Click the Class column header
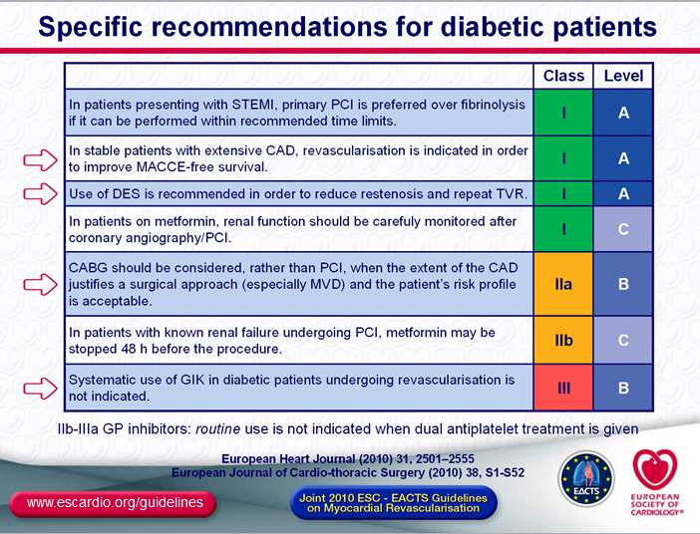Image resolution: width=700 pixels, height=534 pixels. (563, 76)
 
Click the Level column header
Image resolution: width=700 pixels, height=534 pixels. (623, 76)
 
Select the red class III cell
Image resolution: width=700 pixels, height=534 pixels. (563, 388)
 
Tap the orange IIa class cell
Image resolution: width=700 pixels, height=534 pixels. (563, 284)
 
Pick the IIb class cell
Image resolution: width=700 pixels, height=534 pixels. (563, 341)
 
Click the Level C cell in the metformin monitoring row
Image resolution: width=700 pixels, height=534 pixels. (623, 229)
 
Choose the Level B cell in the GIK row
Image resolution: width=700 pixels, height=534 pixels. (623, 388)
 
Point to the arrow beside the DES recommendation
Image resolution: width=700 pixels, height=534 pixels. (40, 194)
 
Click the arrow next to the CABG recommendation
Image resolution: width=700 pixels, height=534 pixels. (40, 285)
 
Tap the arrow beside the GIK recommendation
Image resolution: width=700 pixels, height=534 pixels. (40, 389)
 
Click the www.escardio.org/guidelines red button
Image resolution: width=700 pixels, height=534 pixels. (114, 503)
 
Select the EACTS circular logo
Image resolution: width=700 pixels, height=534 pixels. (586, 478)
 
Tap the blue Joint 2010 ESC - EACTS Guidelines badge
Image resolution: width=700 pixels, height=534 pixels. (393, 503)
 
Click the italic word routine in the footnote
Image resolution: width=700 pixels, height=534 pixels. (217, 429)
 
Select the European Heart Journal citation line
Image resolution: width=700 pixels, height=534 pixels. (348, 458)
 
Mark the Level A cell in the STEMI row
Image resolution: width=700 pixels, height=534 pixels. (623, 113)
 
